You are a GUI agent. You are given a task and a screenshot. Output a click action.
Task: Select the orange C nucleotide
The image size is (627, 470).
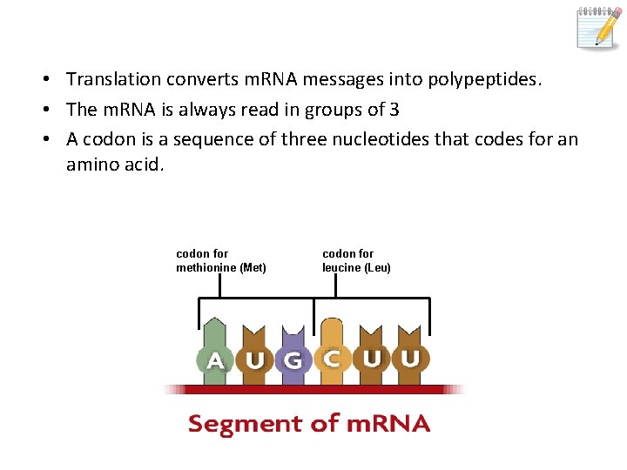pyautogui.click(x=331, y=353)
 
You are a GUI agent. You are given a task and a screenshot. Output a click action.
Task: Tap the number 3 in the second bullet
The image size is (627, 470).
pyautogui.click(x=394, y=110)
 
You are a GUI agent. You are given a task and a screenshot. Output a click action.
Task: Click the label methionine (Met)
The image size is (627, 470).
pyautogui.click(x=221, y=267)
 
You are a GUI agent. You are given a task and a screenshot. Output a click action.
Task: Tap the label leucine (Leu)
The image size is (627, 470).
pyautogui.click(x=356, y=267)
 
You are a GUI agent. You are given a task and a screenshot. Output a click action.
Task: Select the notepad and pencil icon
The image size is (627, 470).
pyautogui.click(x=599, y=27)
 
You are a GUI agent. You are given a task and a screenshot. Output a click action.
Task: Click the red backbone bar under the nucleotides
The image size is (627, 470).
pyautogui.click(x=314, y=389)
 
